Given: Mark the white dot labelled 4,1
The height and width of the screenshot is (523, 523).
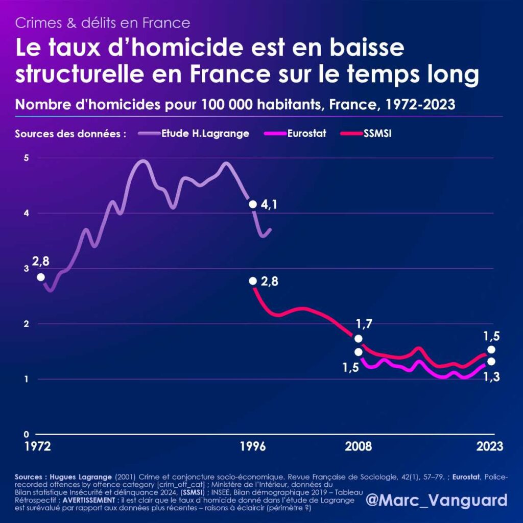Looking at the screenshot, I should coord(252,204).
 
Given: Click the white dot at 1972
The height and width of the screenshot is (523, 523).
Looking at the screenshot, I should coord(41,277).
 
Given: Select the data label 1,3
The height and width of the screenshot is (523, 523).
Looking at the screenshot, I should coord(491,377).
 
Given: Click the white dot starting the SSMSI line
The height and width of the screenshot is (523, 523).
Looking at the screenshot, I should coord(252,281).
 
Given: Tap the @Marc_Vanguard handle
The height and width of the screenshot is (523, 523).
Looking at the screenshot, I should coord(437,499).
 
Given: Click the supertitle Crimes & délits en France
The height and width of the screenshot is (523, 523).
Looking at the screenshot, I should coord(103,23).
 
